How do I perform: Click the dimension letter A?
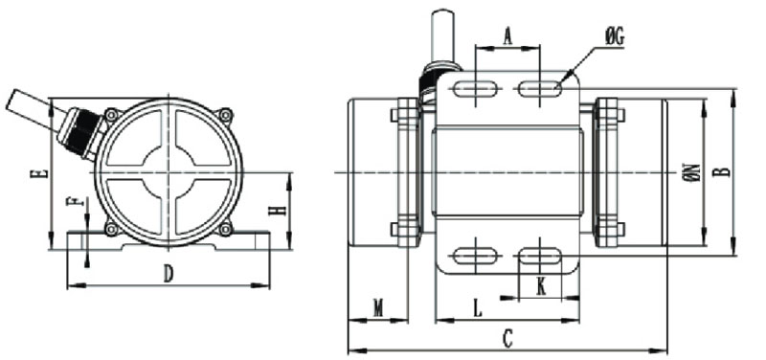tap(508, 35)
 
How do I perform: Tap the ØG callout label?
tap(614, 38)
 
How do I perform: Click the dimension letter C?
tap(508, 339)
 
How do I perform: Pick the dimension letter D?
tap(169, 274)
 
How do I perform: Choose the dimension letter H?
tap(277, 211)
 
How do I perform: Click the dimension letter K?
tap(541, 287)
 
